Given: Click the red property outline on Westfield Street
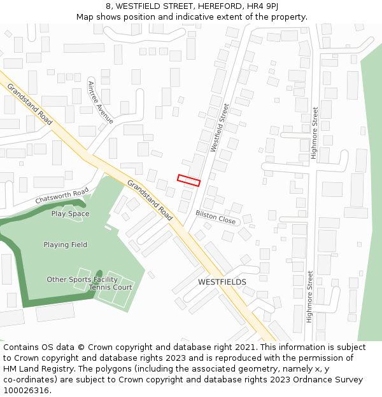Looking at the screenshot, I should point(188,180).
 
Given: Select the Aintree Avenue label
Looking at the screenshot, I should point(101,102).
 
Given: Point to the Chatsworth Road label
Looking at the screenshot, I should point(62,196).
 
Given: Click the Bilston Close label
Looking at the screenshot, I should point(215,217).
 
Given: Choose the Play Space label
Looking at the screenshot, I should point(70,214).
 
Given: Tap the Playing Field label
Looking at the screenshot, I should point(65,245).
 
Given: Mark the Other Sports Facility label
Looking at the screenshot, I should point(82,279).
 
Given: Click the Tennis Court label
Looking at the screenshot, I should point(110,288).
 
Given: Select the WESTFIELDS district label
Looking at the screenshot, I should point(222,281).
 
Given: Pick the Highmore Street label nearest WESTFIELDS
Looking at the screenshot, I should point(309,297).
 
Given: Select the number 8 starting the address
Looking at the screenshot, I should point(109,6).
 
